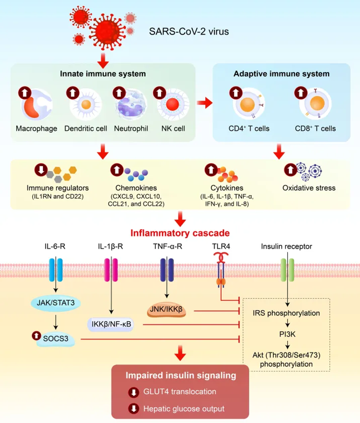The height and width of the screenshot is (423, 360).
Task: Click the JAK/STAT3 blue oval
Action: click(56, 303)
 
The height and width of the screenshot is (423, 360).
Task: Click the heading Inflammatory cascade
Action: click(180, 232)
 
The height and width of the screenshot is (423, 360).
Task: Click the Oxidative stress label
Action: click(309, 188)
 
